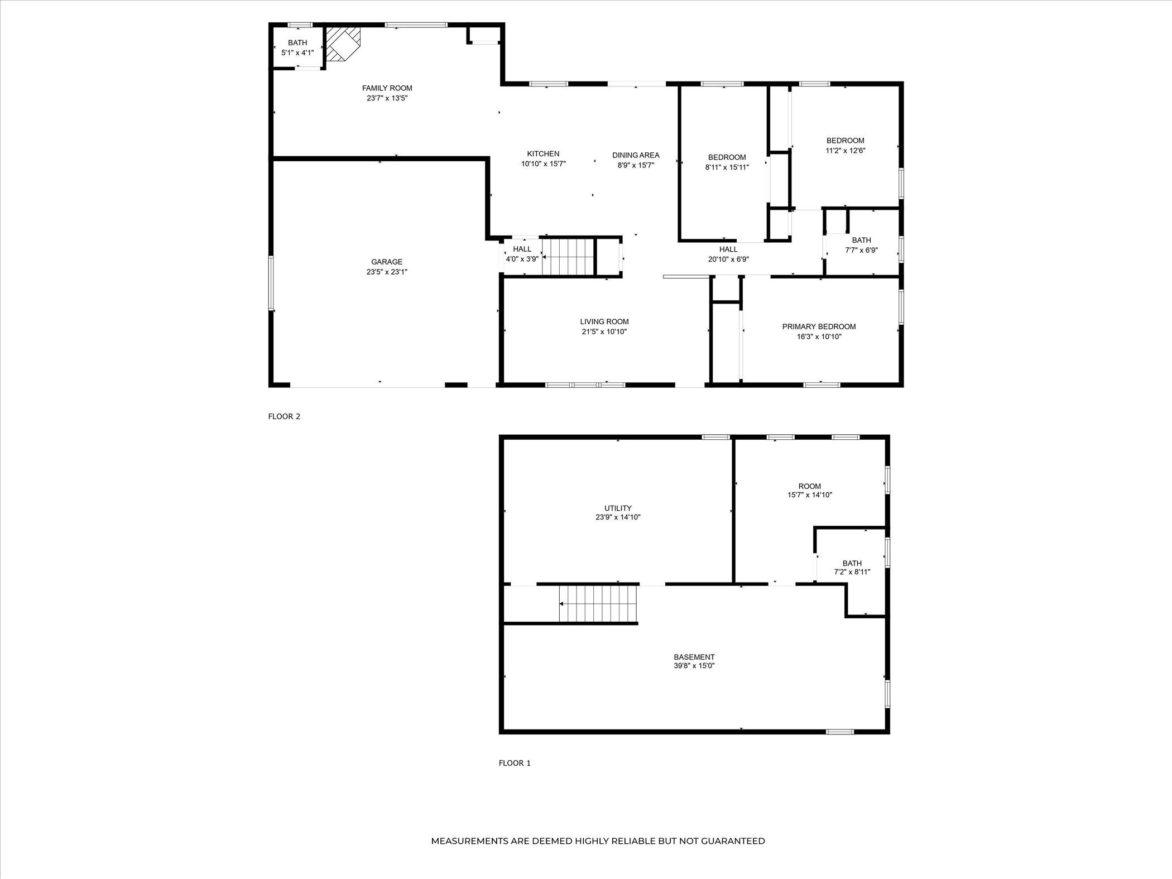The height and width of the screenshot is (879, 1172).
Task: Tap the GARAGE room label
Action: [x=387, y=262]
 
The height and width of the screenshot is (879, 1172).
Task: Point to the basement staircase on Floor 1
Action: [x=598, y=604]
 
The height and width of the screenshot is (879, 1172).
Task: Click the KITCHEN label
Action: [x=543, y=154]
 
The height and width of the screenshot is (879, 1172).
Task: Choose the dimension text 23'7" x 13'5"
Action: [x=387, y=98]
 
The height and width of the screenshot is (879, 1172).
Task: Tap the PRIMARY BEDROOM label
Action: [x=819, y=327]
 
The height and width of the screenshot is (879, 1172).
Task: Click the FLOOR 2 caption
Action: [x=284, y=416]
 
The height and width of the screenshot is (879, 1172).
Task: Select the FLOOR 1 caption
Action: [x=515, y=763]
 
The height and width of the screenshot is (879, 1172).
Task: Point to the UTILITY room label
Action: [x=618, y=508]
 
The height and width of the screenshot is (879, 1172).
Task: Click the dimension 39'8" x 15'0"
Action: [x=694, y=666]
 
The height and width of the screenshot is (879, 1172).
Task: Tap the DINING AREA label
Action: [x=636, y=155]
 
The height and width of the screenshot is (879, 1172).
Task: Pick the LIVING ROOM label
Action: [x=604, y=322]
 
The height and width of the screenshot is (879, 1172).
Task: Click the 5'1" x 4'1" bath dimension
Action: [x=297, y=53]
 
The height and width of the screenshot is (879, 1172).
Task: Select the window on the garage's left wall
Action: [x=271, y=283]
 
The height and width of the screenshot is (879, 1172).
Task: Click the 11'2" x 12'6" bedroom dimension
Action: [x=846, y=151]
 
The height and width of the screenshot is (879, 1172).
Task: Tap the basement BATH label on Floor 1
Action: [x=852, y=564]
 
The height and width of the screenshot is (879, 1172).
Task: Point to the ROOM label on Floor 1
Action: [x=810, y=487]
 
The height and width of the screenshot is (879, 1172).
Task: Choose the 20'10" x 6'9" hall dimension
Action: [x=728, y=260]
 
